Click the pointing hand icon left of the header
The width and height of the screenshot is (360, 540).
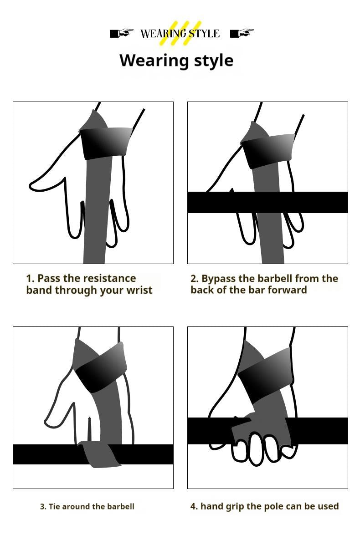pos(121,33)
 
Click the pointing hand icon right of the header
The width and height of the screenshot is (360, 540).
pos(242,33)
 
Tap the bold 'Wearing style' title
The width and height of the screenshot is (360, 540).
pos(176,61)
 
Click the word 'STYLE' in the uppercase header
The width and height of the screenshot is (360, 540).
pos(204,34)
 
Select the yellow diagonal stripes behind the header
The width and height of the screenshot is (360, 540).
pos(180,33)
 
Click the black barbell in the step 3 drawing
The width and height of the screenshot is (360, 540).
pos(46,454)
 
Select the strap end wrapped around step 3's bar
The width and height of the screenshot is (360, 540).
pos(100,455)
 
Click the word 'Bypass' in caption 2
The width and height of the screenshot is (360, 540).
pos(218,279)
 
